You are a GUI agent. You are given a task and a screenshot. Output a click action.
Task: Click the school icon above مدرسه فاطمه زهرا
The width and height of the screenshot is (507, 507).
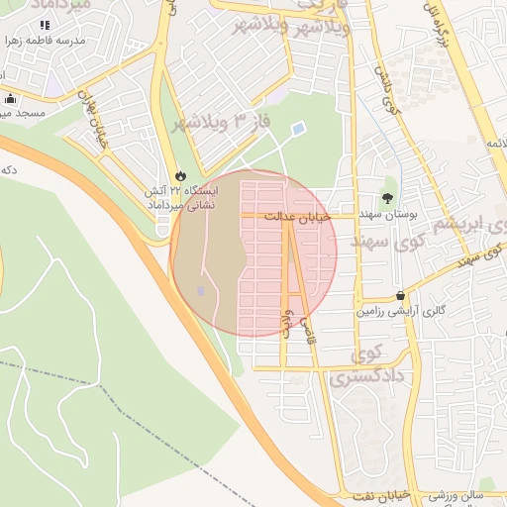pyautogui.click(x=45, y=25)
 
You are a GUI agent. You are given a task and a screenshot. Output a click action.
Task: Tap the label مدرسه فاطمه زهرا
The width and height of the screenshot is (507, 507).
pyautogui.click(x=45, y=41)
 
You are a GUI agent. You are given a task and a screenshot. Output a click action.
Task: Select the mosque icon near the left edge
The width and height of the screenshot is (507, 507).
pyautogui.click(x=11, y=99)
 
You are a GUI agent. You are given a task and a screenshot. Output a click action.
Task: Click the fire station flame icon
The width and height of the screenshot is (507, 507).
pyautogui.click(x=179, y=175)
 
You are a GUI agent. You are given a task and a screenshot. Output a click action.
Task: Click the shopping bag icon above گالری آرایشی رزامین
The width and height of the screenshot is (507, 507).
pyautogui.click(x=400, y=295)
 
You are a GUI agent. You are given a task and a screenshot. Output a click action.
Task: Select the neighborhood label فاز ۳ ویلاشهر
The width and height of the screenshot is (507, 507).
pyautogui.click(x=214, y=123)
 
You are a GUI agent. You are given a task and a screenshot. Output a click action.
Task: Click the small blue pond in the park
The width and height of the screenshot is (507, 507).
pyautogui.click(x=298, y=129)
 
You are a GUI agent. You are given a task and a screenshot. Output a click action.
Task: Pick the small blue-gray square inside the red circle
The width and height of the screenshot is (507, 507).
pyautogui.click(x=201, y=291)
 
